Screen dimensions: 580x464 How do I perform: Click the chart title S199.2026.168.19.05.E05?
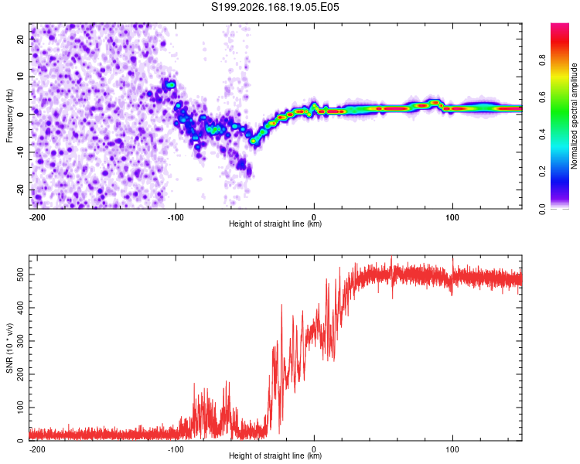tap(275, 7)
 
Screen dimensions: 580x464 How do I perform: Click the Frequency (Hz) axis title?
tap(9, 116)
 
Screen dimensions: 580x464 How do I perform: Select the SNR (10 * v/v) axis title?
tap(9, 348)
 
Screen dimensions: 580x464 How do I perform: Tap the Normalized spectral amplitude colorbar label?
tap(574, 116)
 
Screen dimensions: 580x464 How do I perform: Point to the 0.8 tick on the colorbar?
tap(542, 60)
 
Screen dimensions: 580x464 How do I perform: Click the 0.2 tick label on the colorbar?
tap(542, 172)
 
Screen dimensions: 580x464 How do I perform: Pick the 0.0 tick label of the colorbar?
tap(542, 209)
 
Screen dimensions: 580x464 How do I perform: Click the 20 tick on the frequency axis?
tap(20, 39)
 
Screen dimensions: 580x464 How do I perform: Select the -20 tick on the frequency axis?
tap(20, 190)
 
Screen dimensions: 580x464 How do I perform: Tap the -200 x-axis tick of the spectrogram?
tap(37, 217)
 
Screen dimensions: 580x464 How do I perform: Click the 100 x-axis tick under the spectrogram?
tap(452, 217)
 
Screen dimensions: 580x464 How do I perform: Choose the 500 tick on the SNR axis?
tap(20, 275)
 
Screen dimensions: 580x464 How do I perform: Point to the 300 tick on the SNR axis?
tap(20, 341)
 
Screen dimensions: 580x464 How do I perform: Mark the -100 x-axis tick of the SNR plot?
tap(176, 449)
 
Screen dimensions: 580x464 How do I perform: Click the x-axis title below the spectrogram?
tap(275, 223)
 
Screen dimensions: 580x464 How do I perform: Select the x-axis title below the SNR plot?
tap(275, 455)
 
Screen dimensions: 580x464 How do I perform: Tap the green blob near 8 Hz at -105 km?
tap(170, 85)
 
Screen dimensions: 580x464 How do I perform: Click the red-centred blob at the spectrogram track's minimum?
tap(253, 141)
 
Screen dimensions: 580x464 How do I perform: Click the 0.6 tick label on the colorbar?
tap(542, 97)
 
